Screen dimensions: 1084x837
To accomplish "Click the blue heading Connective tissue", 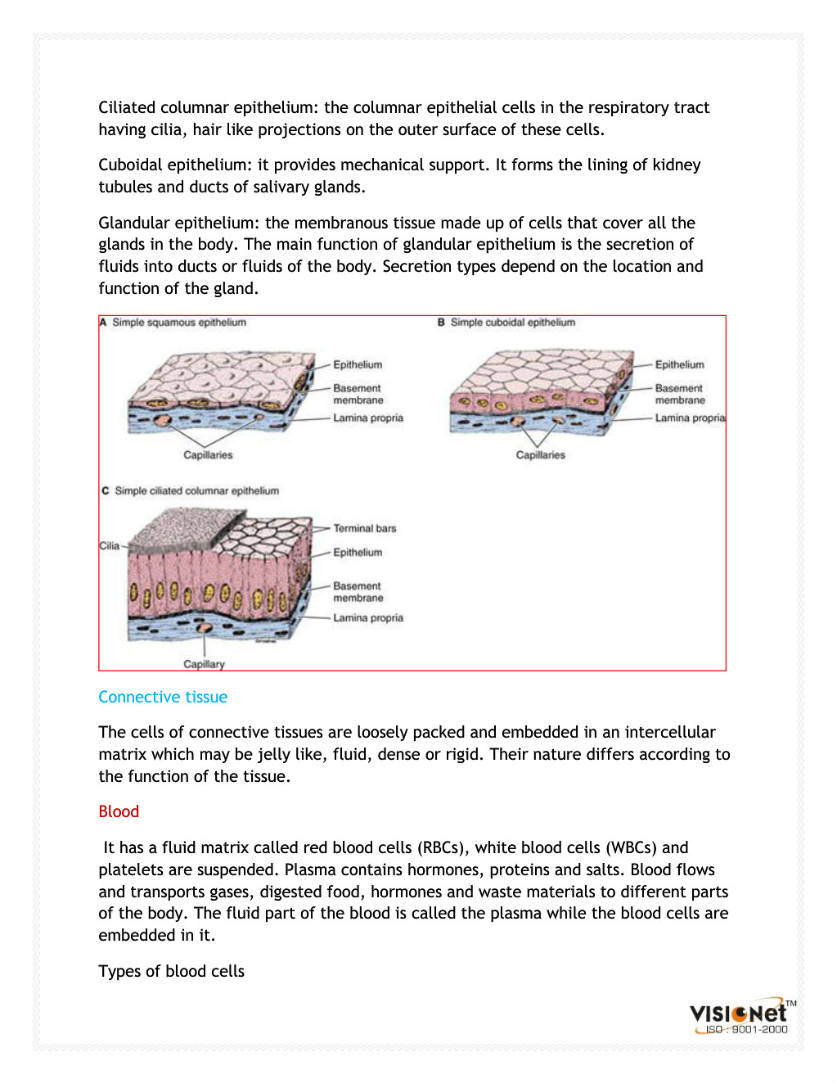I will pos(163,697).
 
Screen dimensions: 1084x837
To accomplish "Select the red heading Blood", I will pos(119,811).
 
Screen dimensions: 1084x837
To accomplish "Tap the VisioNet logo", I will pos(739,1016).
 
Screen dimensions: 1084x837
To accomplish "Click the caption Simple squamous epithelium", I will pos(179,323).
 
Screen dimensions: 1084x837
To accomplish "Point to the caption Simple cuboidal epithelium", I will pos(513,323).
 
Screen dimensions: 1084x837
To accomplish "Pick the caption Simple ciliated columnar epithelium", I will pos(196,491).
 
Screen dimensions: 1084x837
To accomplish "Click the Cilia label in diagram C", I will pos(110,545).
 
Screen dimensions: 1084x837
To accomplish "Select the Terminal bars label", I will pos(364,529).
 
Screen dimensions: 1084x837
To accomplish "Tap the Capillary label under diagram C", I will pos(204,664).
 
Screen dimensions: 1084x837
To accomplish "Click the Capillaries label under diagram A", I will pos(208,455).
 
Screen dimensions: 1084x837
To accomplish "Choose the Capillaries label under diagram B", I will pos(540,455).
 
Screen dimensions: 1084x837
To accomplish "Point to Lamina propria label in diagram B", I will pos(690,418).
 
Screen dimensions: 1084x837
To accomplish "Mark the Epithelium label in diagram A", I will pos(358,365).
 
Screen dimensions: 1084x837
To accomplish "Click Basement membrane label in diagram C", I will pos(358,592).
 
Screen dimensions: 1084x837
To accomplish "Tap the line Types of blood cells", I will pos(171,971).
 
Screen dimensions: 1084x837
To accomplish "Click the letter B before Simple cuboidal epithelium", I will pos(441,323).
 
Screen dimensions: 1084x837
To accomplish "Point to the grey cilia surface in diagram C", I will pos(184,524).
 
